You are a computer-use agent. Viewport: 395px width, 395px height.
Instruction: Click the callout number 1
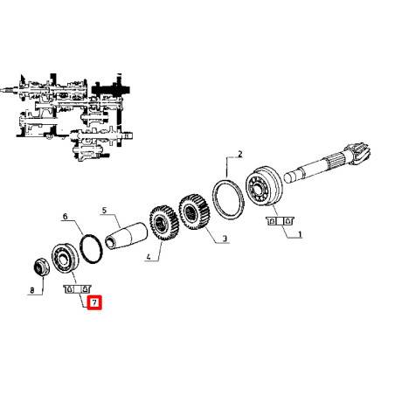(x=300, y=234)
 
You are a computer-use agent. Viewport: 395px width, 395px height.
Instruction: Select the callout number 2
(x=240, y=154)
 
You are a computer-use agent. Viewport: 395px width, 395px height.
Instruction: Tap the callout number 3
(x=225, y=239)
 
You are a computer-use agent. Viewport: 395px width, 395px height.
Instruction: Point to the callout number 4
(x=149, y=257)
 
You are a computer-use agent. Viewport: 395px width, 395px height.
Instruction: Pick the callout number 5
(x=104, y=210)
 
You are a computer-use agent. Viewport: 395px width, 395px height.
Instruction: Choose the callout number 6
(x=65, y=217)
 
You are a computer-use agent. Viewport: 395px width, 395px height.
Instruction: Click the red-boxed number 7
(x=94, y=302)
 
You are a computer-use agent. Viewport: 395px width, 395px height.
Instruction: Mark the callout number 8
(x=32, y=290)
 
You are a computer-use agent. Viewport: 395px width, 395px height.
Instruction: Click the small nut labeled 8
(x=40, y=267)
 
